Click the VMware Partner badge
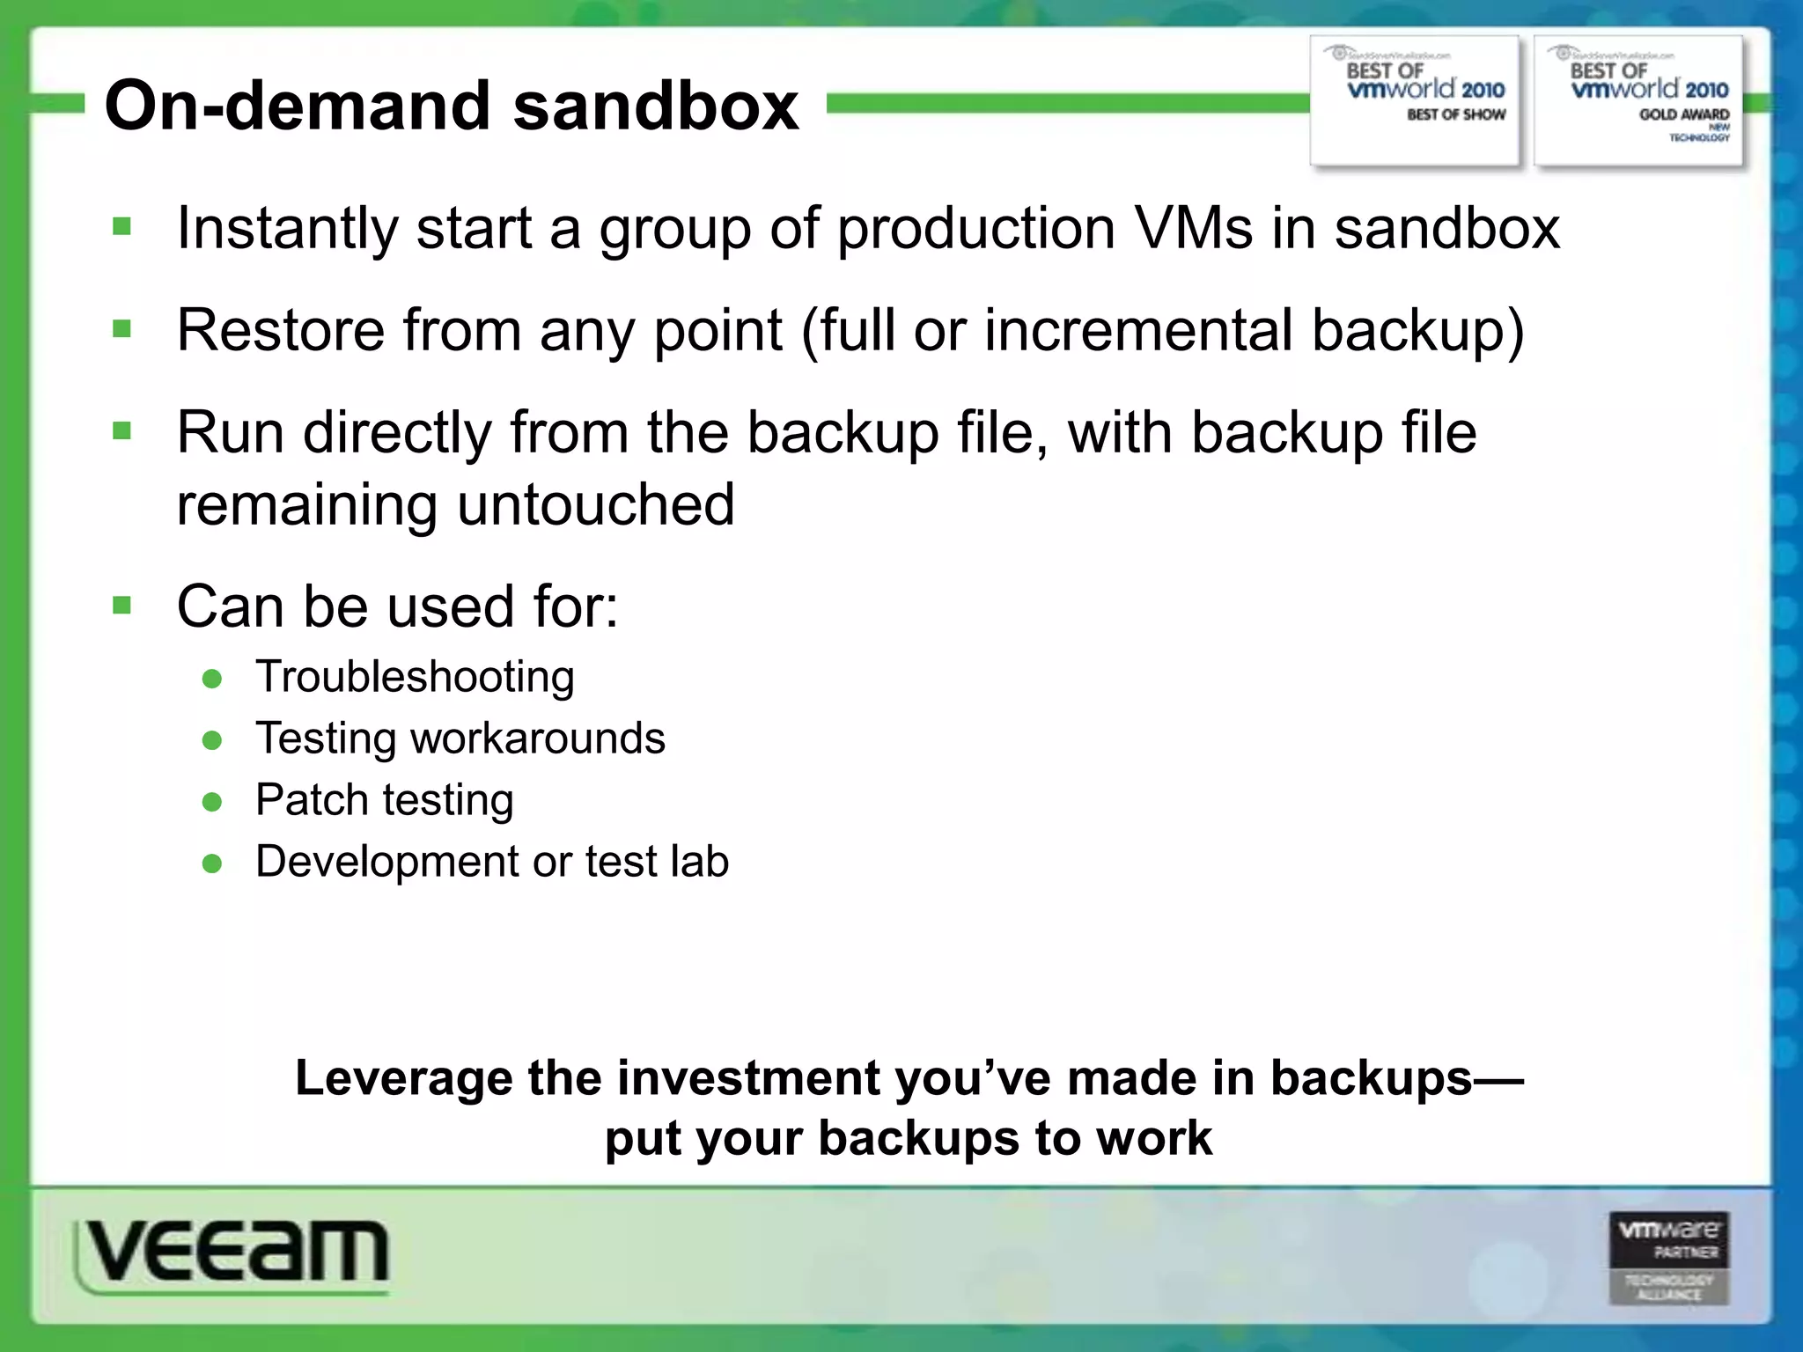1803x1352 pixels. [x=1669, y=1258]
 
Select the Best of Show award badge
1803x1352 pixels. [x=1415, y=99]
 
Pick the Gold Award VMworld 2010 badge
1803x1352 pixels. [x=1638, y=99]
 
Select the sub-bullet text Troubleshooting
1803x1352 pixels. [x=415, y=677]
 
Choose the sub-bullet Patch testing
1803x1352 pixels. [x=384, y=800]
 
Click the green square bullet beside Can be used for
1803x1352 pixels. [x=122, y=606]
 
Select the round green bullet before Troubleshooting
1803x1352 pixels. [x=212, y=679]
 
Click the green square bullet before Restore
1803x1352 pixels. [x=122, y=330]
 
